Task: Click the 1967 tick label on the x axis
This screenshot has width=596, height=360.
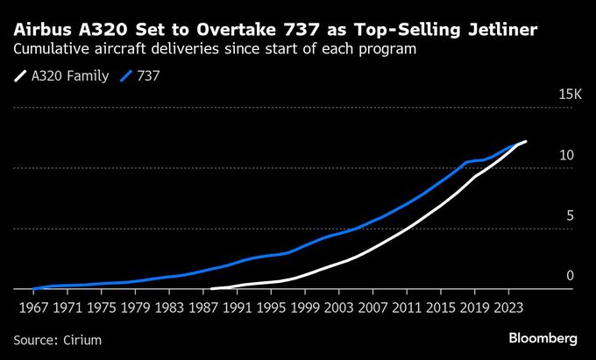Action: click(x=32, y=307)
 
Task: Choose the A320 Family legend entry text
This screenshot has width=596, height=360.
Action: click(x=70, y=76)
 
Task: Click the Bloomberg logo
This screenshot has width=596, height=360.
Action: click(x=543, y=337)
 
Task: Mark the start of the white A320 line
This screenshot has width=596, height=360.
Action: click(x=212, y=288)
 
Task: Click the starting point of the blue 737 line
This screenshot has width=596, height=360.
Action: click(x=33, y=288)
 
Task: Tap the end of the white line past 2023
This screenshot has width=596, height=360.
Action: click(x=526, y=141)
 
